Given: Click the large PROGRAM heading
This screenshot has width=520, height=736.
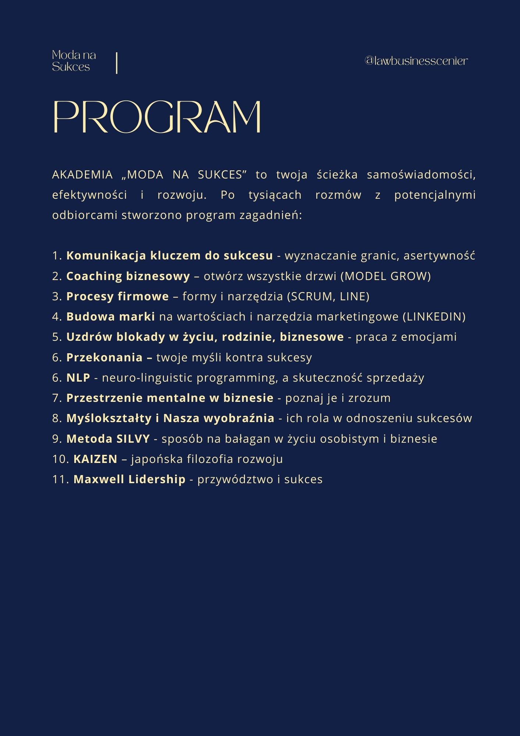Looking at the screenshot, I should (x=157, y=117).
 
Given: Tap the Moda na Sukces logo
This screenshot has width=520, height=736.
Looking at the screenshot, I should (x=74, y=61).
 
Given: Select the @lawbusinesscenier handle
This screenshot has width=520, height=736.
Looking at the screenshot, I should (x=416, y=61).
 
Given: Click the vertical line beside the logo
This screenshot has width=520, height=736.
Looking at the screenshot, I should (x=117, y=63).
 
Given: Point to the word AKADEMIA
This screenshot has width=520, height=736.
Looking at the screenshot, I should (x=82, y=175).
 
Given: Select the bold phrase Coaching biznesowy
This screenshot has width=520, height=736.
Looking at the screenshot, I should (x=128, y=276).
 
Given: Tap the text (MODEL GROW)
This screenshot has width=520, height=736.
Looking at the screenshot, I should (x=385, y=276).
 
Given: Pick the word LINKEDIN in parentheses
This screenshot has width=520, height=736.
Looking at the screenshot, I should (x=434, y=316).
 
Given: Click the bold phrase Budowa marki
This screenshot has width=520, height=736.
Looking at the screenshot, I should (x=111, y=316).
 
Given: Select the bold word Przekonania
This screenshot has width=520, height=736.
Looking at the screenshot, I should (x=104, y=357).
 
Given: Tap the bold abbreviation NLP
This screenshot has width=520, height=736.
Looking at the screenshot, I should (x=78, y=378).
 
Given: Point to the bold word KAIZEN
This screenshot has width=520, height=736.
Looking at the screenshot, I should (x=95, y=459).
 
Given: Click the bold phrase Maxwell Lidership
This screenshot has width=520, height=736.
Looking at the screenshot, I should (x=129, y=479).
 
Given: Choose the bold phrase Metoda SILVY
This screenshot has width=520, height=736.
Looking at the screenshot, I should (x=108, y=439).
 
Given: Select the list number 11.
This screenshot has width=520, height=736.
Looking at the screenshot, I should (x=60, y=479).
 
